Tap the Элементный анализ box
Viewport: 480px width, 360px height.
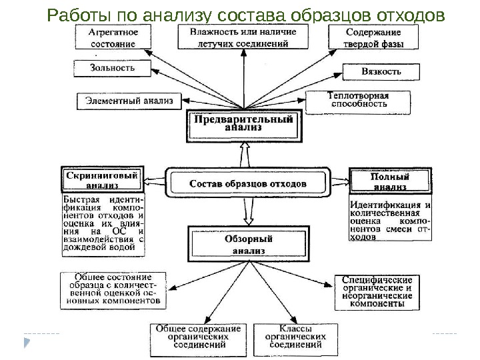(129, 101)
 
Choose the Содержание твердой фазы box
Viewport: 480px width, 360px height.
(373, 37)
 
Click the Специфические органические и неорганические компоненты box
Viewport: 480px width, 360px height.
(377, 291)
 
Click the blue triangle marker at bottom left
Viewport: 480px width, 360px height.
(27, 343)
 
